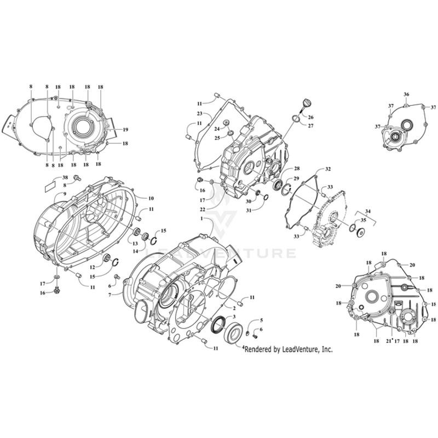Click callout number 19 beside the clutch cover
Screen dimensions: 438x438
coord(125,130)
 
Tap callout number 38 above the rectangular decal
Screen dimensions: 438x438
coord(65,178)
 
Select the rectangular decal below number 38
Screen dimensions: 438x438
coord(51,185)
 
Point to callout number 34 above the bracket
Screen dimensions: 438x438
coord(367,211)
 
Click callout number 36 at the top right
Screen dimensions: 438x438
coord(406,95)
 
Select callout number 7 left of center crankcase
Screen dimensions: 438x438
coord(109,295)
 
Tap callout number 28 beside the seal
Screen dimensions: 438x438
coord(296,169)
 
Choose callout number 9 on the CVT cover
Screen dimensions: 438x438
coord(64,194)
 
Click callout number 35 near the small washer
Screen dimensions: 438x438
coord(363,220)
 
